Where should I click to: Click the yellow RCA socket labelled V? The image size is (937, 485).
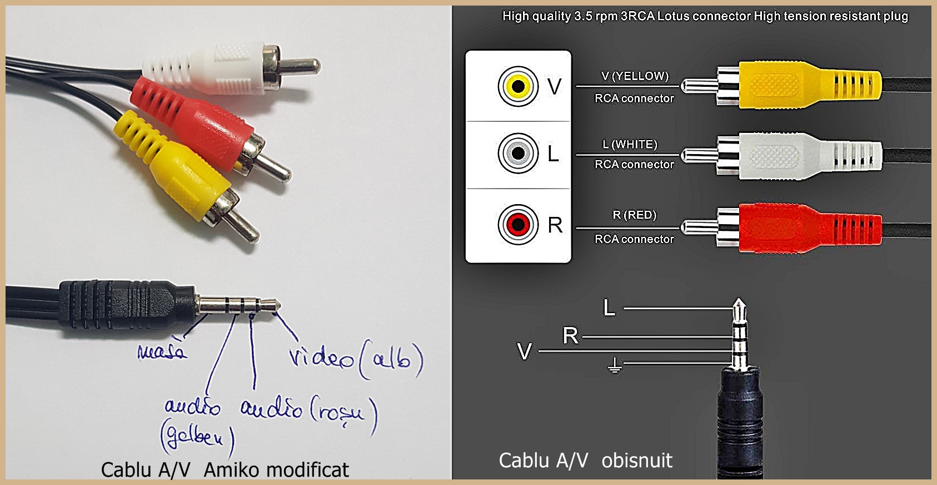[x=518, y=86]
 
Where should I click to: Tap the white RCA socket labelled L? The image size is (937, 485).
[x=518, y=153]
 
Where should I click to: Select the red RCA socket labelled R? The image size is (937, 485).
[x=518, y=225]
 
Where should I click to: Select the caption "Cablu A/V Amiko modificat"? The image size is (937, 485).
[x=225, y=470]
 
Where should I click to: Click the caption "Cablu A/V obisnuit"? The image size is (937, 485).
[x=585, y=461]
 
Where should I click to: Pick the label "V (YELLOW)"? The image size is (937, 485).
[x=635, y=76]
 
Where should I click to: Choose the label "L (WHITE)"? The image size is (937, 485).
[x=630, y=145]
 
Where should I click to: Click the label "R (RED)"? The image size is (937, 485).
[x=634, y=215]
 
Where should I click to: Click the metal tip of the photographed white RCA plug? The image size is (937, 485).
[x=303, y=66]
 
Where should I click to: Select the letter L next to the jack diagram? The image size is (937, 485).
[x=609, y=308]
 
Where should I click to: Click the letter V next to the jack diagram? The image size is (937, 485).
[x=524, y=352]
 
